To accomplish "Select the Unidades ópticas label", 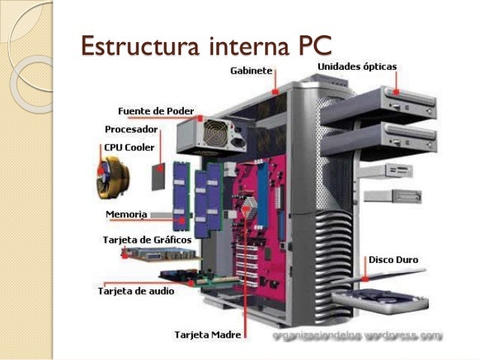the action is point(357,67).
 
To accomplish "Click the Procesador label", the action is point(131,129).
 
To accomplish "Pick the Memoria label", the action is point(125,214).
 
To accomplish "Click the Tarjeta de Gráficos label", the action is point(146,241).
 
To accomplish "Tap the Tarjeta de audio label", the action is point(136,290).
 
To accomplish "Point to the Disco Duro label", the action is point(393,259).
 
